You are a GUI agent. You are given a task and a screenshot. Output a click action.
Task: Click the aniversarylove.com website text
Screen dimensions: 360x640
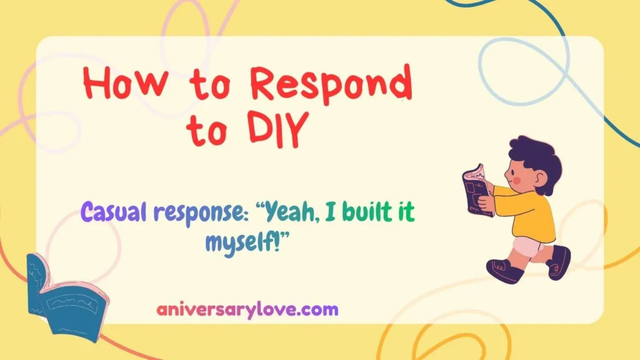point(247,309)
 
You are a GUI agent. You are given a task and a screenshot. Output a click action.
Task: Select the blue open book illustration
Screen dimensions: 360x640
point(66,299)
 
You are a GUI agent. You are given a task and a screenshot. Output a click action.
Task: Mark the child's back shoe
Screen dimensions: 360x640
point(558,261)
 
